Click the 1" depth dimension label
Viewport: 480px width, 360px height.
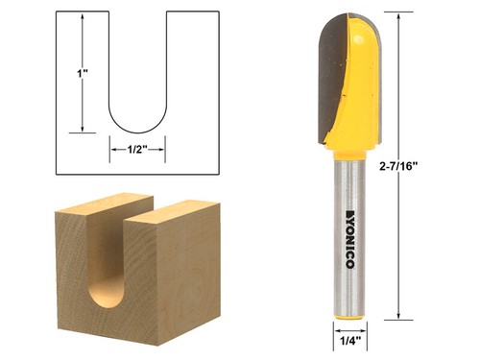[84, 71]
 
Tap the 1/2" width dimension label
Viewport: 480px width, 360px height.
[138, 149]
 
